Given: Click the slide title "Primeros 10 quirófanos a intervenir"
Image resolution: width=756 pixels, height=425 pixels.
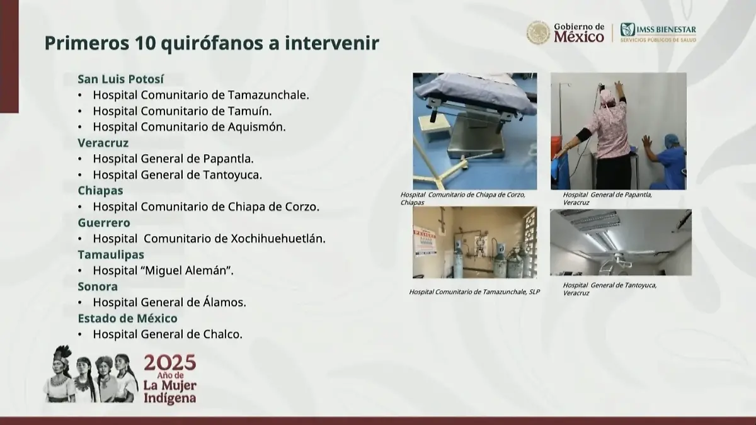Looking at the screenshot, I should pyautogui.click(x=212, y=43).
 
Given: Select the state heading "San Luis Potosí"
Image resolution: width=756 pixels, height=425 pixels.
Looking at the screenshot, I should pyautogui.click(x=120, y=79).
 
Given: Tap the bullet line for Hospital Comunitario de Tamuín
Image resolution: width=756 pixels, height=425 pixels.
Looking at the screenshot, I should pyautogui.click(x=183, y=111).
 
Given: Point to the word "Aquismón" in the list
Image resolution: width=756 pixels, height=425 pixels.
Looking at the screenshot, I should pyautogui.click(x=258, y=127).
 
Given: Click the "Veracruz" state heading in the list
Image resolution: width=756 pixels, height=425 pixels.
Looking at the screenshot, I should pyautogui.click(x=103, y=143).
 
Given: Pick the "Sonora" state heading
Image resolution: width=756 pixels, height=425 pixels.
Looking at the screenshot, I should pyautogui.click(x=98, y=286).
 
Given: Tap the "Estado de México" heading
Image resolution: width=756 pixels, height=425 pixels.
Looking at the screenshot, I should pyautogui.click(x=127, y=319).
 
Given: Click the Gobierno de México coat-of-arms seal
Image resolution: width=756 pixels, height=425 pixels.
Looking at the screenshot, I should pyautogui.click(x=538, y=33).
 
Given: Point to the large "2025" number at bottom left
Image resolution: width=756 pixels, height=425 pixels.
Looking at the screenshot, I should pyautogui.click(x=169, y=363).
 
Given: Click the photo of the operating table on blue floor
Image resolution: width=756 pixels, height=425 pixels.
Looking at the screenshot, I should pyautogui.click(x=475, y=131).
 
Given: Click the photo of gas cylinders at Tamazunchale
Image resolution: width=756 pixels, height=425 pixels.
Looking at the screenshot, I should pyautogui.click(x=475, y=243).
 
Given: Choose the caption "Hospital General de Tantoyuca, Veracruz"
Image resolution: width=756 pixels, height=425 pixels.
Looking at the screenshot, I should pyautogui.click(x=609, y=289).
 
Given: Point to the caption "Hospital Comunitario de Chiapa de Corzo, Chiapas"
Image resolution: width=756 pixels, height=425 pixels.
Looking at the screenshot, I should pyautogui.click(x=462, y=199).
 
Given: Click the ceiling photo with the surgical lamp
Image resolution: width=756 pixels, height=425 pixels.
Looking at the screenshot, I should pyautogui.click(x=621, y=242).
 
